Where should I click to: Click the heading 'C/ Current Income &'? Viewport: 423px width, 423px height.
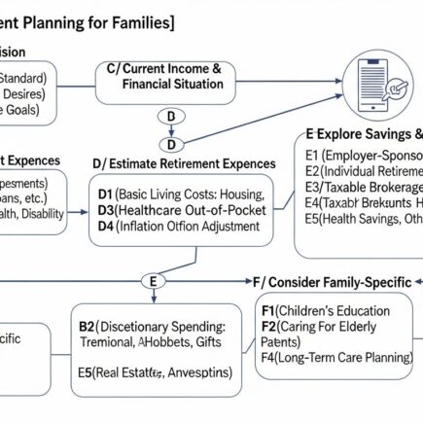[x=170, y=69]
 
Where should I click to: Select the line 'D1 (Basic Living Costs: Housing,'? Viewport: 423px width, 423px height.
[x=182, y=194]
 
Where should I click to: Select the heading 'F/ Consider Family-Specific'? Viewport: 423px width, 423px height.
[x=336, y=281]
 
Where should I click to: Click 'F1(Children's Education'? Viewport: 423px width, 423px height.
[x=328, y=310]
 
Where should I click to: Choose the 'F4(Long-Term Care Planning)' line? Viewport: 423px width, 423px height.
[x=335, y=357]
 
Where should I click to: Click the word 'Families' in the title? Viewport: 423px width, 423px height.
[x=135, y=19]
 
